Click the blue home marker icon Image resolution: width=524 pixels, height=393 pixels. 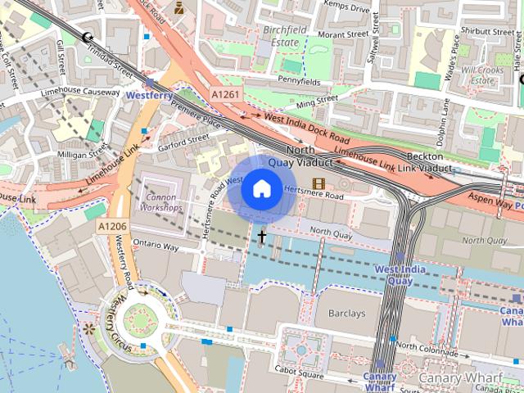[261, 189]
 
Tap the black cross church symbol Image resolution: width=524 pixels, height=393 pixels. [262, 237]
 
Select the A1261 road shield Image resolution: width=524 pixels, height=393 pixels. [226, 95]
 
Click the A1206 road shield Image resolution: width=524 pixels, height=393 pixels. [112, 226]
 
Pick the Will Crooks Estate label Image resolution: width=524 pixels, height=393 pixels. [481, 75]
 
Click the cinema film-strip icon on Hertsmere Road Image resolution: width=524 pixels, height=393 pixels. [318, 183]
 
